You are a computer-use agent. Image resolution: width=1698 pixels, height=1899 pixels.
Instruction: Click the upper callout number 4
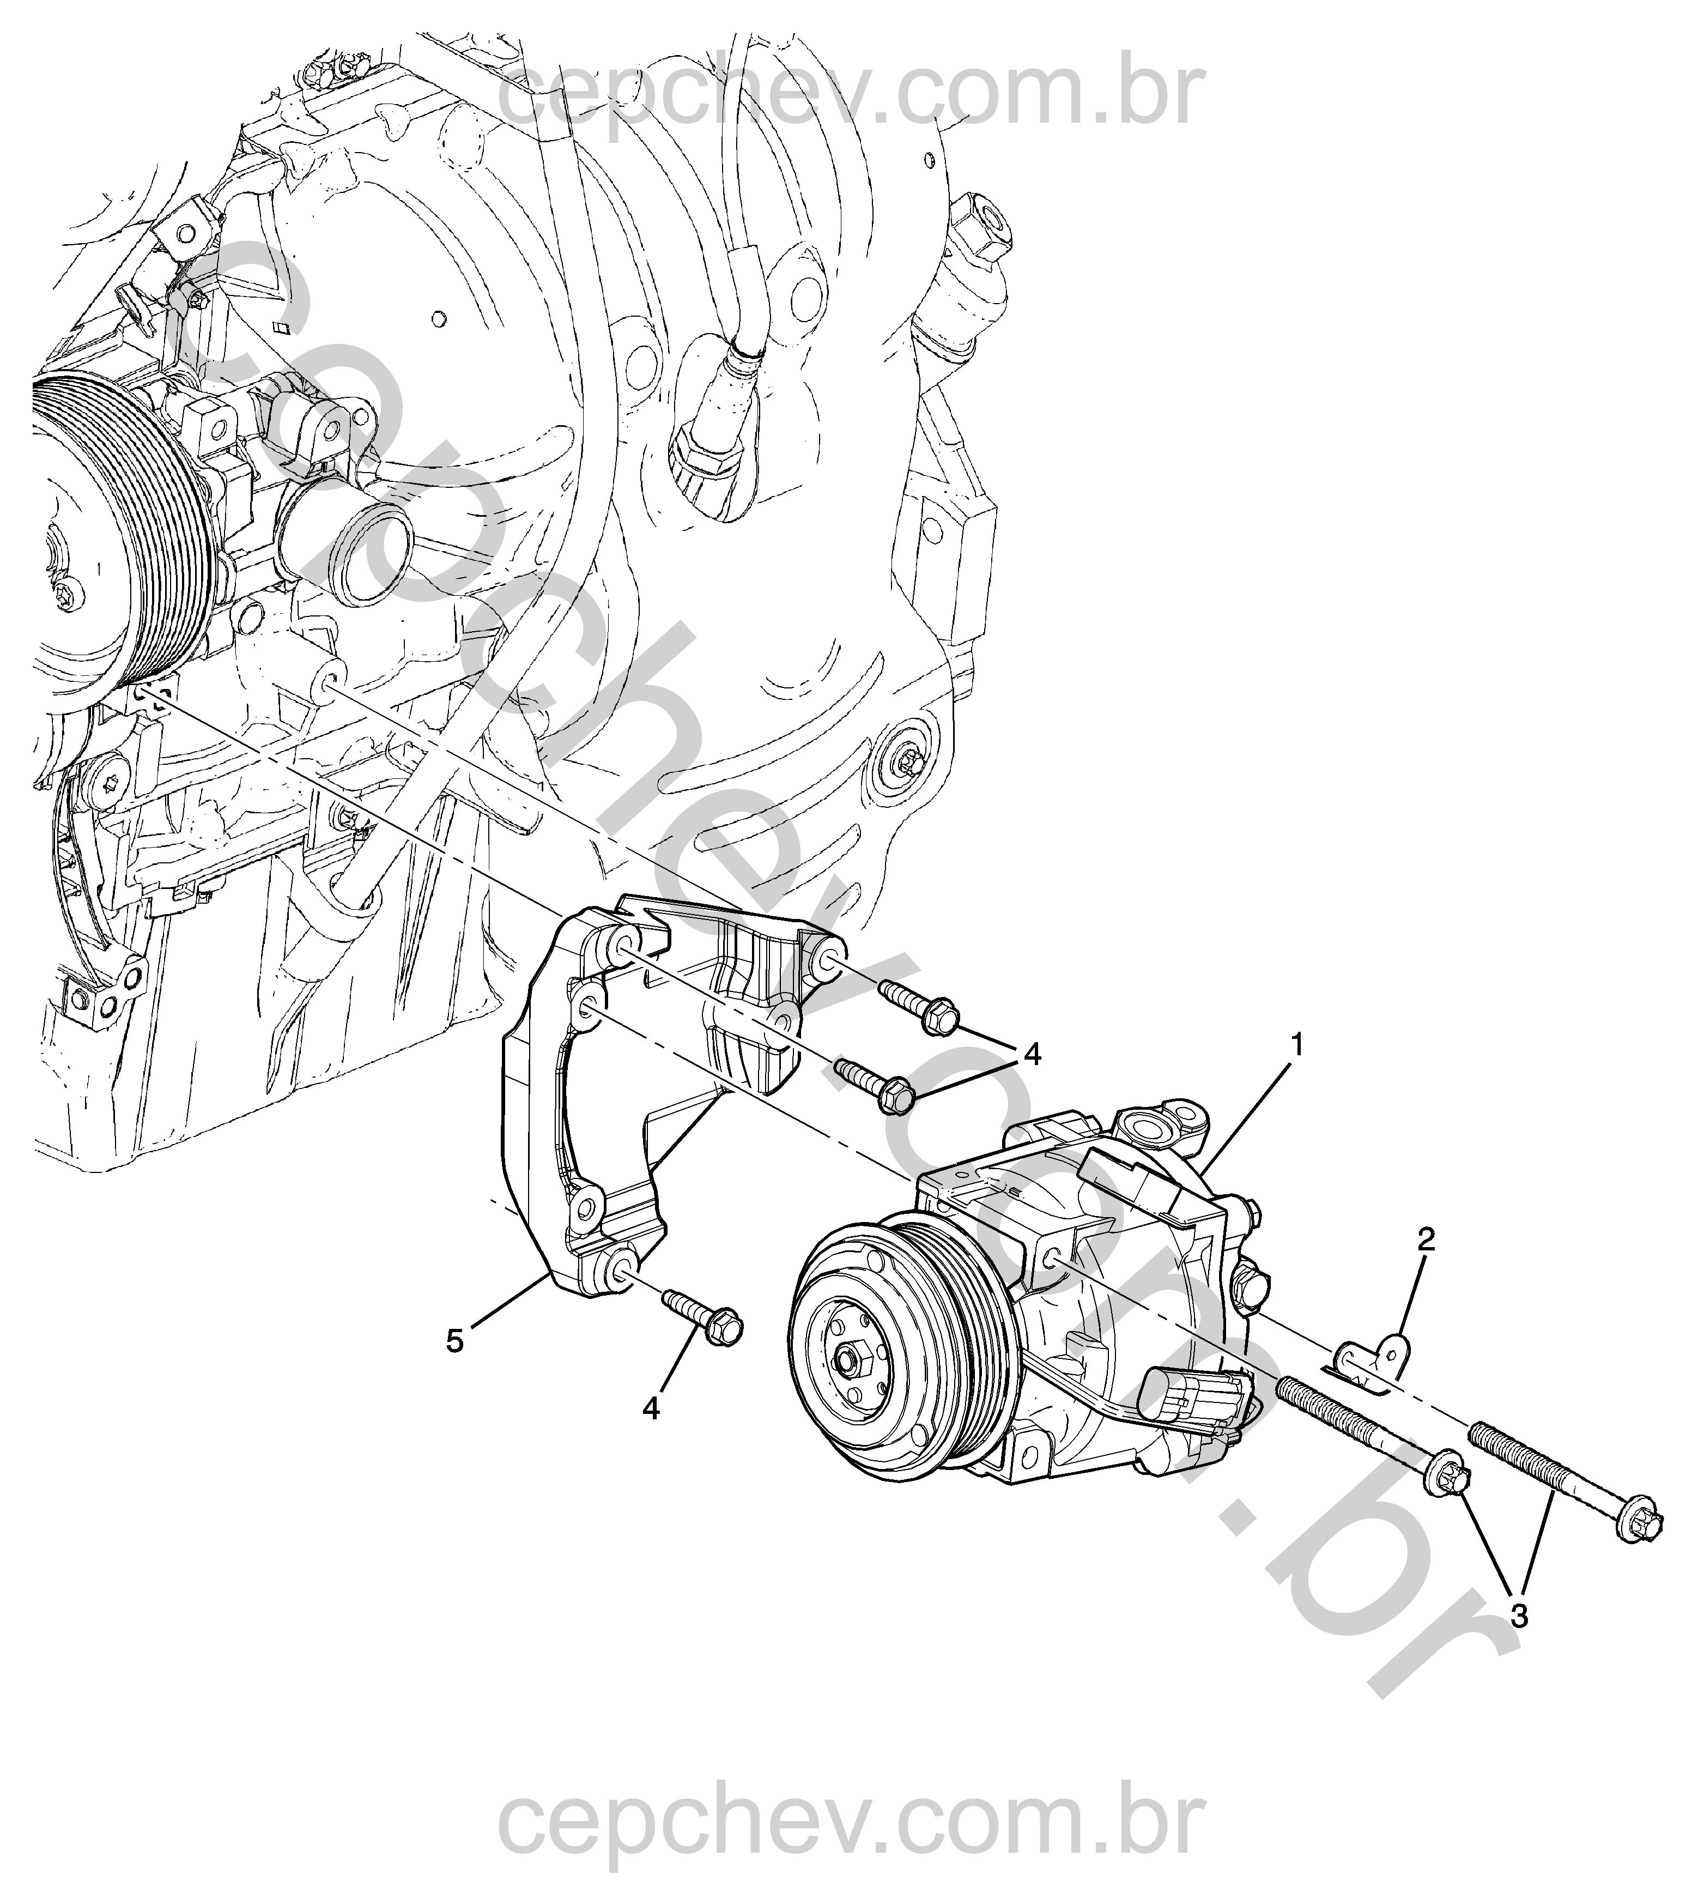click(1031, 1055)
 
